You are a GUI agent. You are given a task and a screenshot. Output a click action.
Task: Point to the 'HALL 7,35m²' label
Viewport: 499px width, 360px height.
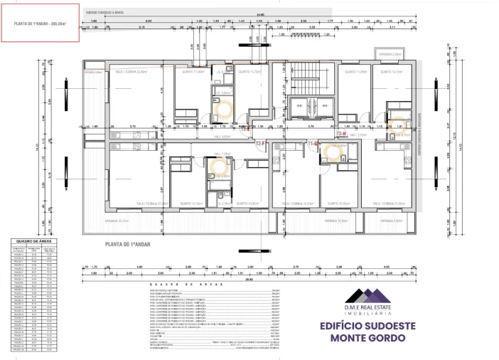[x=222, y=153]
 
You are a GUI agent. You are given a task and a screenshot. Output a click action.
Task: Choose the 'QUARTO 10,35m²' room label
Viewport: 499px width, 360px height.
[x=194, y=203]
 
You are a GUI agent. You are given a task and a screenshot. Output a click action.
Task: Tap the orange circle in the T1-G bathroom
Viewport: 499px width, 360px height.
[x=331, y=152]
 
